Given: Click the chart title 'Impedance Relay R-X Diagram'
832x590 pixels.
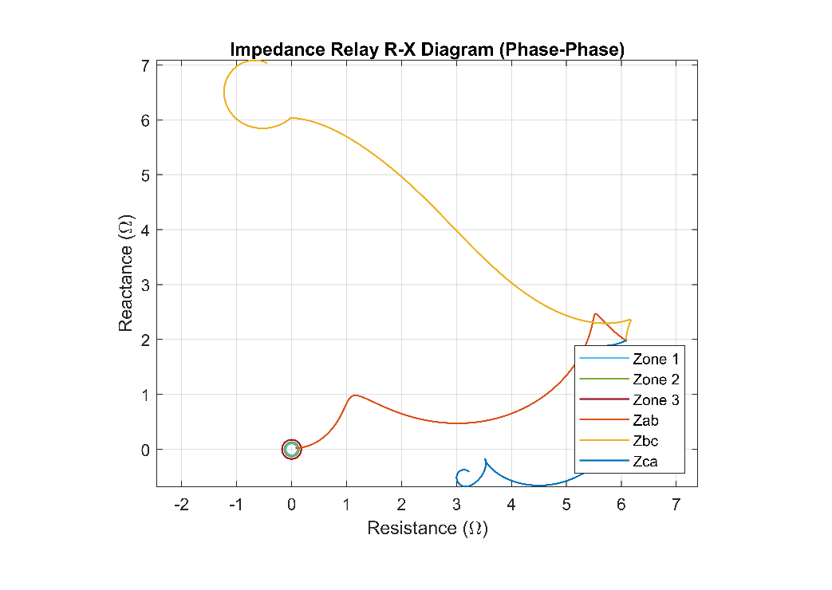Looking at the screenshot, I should coord(427,49).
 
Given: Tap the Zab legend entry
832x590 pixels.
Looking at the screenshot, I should coord(645,420).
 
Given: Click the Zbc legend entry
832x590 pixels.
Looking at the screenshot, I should coord(645,441).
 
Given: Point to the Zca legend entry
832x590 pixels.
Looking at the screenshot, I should coord(645,462).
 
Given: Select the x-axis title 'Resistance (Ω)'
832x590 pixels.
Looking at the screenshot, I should coord(427,529).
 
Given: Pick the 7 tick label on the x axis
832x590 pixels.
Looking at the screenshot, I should coord(676,505).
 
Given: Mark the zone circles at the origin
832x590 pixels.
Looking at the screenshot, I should coord(291,450).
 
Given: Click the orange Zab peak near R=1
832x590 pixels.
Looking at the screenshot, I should coord(353,395).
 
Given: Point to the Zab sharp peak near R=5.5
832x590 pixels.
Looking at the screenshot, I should coord(595,314).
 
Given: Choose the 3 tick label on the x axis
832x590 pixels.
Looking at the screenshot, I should coord(456,505).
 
